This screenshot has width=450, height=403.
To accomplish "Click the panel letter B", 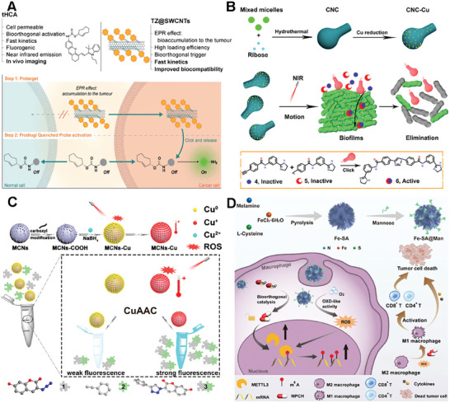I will [233, 7].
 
